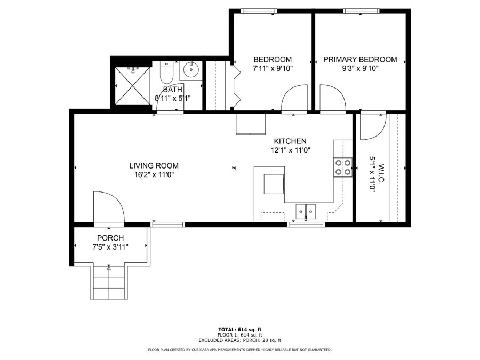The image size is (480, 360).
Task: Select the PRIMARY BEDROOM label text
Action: point(360,59)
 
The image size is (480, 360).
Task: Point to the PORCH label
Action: point(110,237)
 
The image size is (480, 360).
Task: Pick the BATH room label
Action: point(172,89)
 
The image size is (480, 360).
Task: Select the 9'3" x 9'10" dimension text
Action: point(360,68)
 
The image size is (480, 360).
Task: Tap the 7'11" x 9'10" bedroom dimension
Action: point(273,68)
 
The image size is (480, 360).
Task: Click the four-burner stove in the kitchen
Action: point(342,167)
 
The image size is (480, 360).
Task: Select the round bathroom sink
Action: point(190,69)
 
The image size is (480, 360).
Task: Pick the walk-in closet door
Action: point(372,126)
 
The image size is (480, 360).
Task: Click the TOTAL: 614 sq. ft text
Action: point(239,329)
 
